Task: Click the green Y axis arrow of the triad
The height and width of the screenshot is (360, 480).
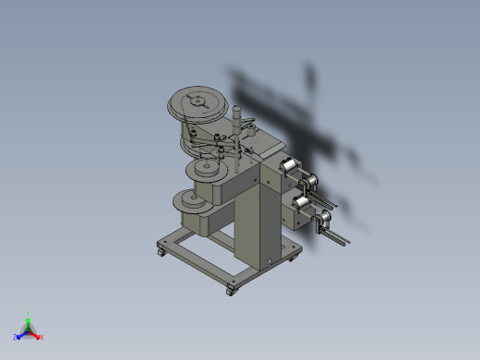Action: pos(29,317)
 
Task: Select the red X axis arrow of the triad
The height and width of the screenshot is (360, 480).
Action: pos(39,336)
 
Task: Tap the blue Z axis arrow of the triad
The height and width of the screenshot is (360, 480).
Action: pos(18,336)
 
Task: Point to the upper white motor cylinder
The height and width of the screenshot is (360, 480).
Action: pos(288,166)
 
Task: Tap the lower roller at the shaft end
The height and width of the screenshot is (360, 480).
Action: pos(324,220)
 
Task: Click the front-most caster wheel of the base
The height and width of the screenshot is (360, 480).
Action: pos(230,292)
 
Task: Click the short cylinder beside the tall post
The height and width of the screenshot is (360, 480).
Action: pos(249,123)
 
